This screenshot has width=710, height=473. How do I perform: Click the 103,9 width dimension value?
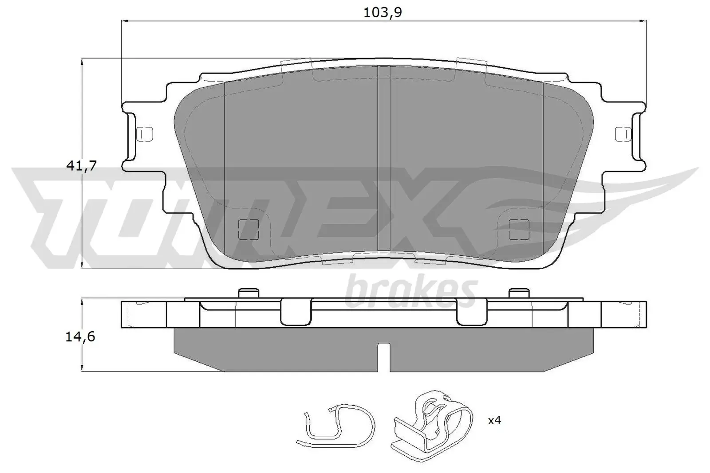[382, 12]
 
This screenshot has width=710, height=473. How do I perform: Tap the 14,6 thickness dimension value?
[80, 337]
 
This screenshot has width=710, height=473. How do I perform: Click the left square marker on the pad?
[248, 229]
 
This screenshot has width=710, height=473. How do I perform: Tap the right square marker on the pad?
[519, 229]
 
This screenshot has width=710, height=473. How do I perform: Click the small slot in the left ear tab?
[145, 133]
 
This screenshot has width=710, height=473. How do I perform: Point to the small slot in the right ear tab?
[622, 133]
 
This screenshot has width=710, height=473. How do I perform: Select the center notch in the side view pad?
[383, 357]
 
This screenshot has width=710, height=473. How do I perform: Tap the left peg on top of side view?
[248, 293]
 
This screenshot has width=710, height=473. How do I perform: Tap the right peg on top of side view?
[519, 293]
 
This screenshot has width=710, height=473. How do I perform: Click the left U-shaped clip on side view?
[296, 312]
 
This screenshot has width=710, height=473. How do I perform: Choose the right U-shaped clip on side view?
[471, 312]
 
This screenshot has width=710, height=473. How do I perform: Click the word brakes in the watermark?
[411, 290]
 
